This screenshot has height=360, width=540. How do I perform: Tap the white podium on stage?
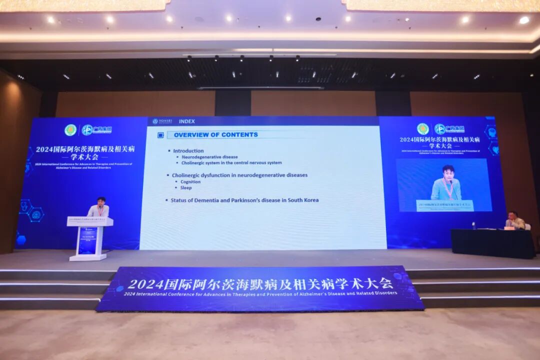[x=89, y=237]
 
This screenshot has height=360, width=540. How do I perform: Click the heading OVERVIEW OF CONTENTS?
[x=215, y=134]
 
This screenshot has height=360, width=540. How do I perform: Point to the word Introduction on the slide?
[x=188, y=150]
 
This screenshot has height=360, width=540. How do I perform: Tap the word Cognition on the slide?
[x=190, y=181]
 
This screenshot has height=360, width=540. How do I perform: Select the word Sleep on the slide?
[x=186, y=188]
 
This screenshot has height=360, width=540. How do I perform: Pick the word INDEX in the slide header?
[x=186, y=121]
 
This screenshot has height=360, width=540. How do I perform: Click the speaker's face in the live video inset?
[x=447, y=172]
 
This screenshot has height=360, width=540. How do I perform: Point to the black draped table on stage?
[x=492, y=243]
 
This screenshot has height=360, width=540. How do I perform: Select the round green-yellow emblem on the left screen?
[x=70, y=130]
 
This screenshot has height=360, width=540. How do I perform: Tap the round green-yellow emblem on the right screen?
[x=423, y=129]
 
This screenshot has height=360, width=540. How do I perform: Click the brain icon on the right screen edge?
[x=491, y=132]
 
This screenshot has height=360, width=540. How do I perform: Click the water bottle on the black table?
[x=473, y=225]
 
